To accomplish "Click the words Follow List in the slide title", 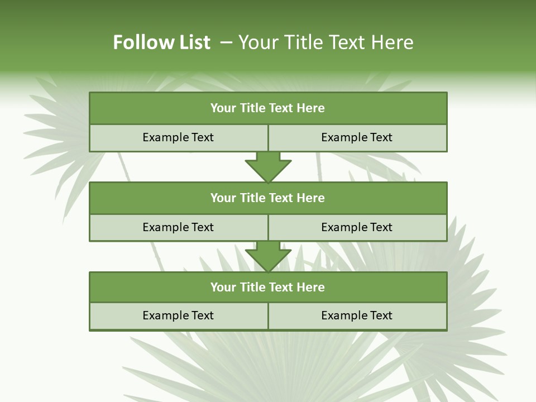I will pos(161,42).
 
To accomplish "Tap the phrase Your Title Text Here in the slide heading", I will pos(326,42).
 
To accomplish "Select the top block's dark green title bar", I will pos(268,108).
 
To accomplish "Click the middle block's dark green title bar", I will pos(268,198).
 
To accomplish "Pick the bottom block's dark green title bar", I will pos(268,288).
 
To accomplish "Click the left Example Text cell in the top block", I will pos(178,138).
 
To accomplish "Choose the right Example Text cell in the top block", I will pos(357,138).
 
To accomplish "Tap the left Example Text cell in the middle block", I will pos(178,228).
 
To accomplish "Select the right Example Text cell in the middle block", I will pos(357,228).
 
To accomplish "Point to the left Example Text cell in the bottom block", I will pos(178,316).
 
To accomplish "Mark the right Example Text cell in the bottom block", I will pos(357,316).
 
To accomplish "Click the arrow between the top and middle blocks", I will pos(268,166).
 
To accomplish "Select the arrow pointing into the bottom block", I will pos(268,256).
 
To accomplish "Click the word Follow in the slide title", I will pos(137,42).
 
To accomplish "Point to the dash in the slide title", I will pos(226,42).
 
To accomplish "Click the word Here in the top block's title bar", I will pos(310,108).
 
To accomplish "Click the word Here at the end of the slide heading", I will pos(394,42).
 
